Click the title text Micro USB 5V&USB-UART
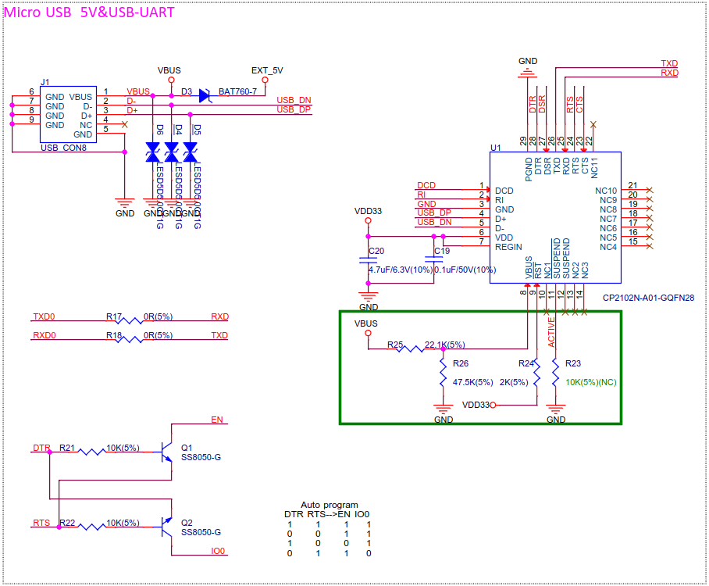pos(90,12)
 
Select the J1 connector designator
pos(45,82)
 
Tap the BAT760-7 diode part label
pos(237,91)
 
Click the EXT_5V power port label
pos(266,70)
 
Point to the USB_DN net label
pos(294,100)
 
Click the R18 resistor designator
pos(114,335)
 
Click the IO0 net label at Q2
pos(218,551)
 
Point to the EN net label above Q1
pos(217,420)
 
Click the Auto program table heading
pos(330,505)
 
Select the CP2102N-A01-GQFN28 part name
pos(648,298)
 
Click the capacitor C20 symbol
pos(369,259)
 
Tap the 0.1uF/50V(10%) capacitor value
pos(465,270)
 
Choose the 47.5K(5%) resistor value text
pos(472,382)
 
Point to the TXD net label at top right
pos(669,63)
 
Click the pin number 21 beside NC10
pos(633,185)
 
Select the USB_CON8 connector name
pos(63,147)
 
